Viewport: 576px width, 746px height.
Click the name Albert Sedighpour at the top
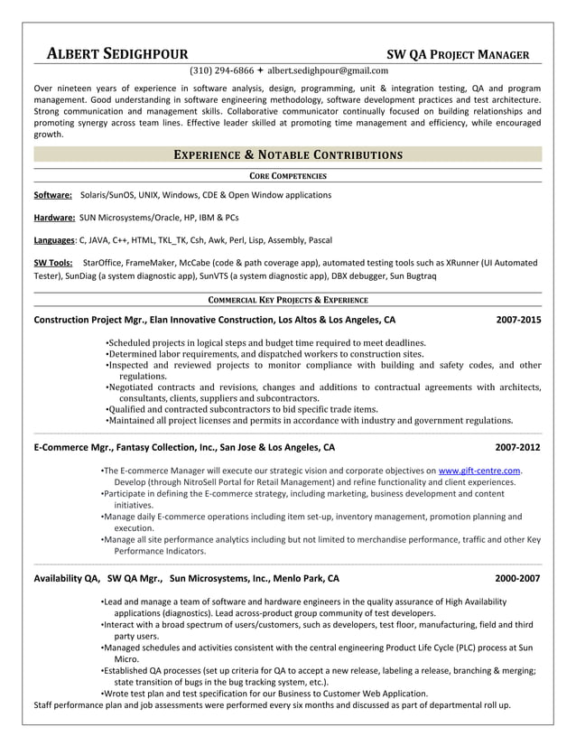point(117,53)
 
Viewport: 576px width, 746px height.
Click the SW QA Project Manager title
point(458,54)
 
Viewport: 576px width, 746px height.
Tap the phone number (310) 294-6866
point(221,70)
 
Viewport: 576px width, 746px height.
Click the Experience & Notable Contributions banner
point(287,154)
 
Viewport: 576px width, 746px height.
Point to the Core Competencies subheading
point(287,175)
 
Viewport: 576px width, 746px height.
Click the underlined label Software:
point(52,195)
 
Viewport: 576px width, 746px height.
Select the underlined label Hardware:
point(54,218)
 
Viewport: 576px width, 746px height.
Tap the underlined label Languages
point(54,240)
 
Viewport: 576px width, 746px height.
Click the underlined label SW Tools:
point(53,263)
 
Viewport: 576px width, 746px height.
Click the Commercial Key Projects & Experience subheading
point(287,299)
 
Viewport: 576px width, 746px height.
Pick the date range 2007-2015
point(518,320)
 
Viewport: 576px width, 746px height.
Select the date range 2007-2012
point(518,447)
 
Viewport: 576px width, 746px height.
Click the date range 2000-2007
point(518,578)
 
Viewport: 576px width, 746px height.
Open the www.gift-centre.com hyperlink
point(479,471)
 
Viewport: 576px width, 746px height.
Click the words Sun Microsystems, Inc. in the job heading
point(219,578)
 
